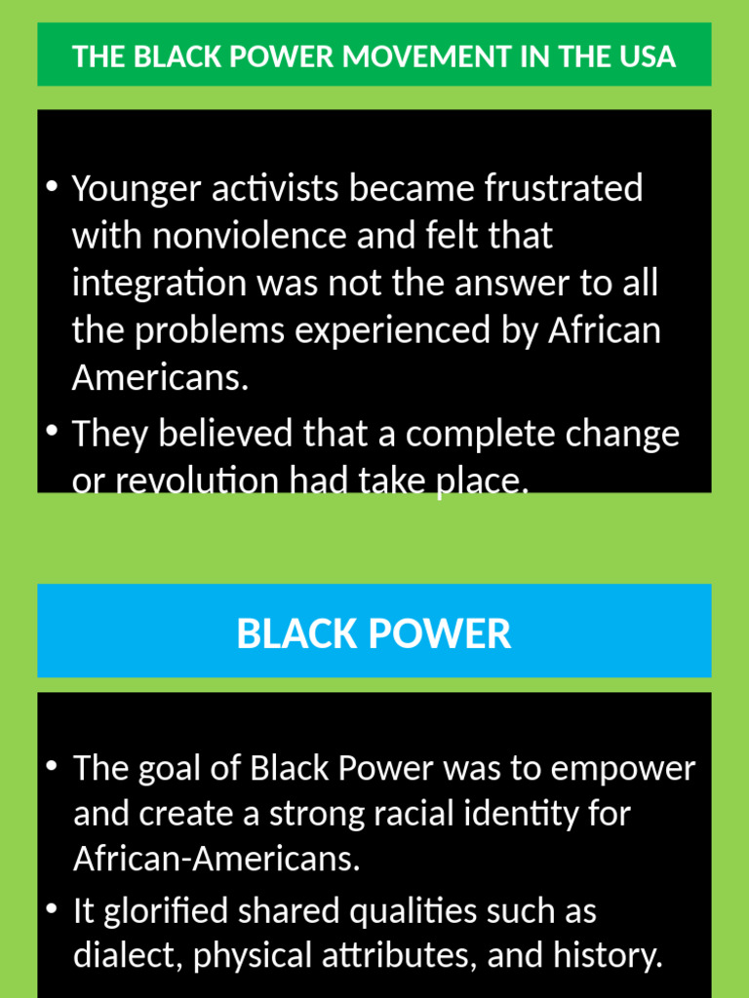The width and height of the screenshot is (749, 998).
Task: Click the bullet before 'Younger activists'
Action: [x=52, y=185]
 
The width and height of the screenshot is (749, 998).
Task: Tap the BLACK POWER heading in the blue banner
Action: [x=374, y=633]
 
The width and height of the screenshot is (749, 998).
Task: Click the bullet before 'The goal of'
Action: [x=52, y=765]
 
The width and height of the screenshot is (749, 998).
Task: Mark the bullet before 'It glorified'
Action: [x=52, y=908]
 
